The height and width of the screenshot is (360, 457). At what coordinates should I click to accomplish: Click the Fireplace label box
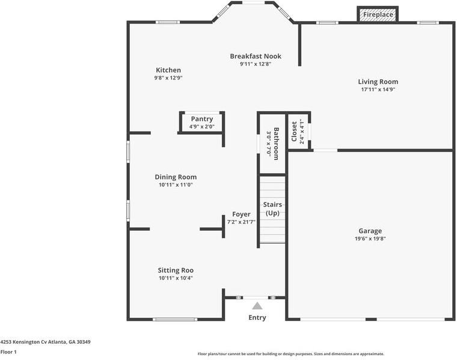coord(378,14)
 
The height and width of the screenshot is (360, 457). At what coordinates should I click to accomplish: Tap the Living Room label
coord(378,82)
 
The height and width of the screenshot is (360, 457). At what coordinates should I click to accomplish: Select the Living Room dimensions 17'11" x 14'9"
coord(378,90)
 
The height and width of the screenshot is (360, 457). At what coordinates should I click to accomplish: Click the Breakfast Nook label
coord(256,56)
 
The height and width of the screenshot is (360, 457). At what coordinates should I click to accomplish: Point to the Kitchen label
coord(168,70)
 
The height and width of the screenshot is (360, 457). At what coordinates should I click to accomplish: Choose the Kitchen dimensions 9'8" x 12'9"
coord(168,78)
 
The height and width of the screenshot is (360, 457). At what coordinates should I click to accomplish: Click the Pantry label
coord(202,119)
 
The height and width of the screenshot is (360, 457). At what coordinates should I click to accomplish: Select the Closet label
coord(294,132)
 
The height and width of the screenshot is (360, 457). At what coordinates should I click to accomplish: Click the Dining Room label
coord(176,177)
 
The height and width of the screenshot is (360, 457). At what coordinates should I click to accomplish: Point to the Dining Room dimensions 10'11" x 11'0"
coord(176,185)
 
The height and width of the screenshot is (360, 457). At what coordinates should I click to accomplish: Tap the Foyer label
coord(241,215)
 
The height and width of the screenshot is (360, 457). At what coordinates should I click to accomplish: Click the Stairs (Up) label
coord(272,209)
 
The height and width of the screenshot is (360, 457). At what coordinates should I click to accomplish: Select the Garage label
coord(370,231)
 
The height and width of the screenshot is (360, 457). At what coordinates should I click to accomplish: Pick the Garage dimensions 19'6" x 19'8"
coord(370,239)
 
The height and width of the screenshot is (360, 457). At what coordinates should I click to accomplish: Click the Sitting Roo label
coord(176,270)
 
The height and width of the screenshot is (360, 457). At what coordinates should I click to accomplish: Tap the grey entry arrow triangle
coord(257,306)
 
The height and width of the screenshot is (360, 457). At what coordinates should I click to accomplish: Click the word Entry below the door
coord(257,317)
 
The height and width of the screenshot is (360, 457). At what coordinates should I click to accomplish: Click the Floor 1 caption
coord(8,352)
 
